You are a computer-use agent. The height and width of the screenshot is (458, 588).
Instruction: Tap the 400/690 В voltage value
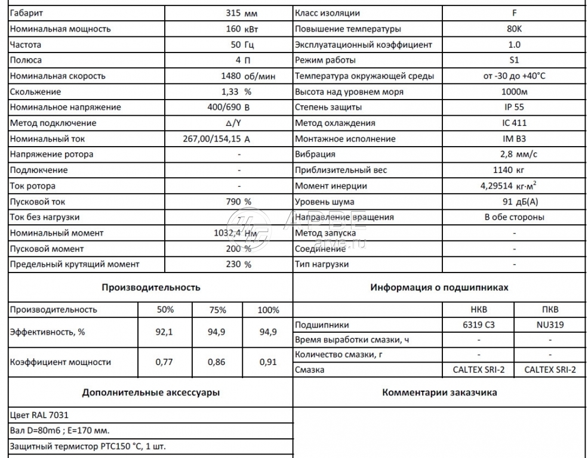point(227,107)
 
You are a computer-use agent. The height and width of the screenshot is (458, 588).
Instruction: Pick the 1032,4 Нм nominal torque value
point(235,233)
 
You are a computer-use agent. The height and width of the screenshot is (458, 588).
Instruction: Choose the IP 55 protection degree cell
point(515,107)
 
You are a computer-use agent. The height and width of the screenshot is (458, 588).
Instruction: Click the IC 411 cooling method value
point(515,123)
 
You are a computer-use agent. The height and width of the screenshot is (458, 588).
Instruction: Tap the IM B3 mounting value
point(515,139)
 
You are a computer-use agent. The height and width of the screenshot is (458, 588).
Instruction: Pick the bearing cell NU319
point(550,325)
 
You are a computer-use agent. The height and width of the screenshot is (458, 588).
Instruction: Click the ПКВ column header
point(550,310)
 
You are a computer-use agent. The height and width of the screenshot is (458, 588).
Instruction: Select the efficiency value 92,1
point(164,332)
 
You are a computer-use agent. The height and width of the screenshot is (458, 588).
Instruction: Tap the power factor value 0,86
point(216,362)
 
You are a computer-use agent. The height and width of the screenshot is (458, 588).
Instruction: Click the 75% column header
point(217,310)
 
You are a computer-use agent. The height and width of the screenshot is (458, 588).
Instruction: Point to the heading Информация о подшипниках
point(439,287)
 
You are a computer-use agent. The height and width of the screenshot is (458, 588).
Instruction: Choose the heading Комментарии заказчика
point(439,392)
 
